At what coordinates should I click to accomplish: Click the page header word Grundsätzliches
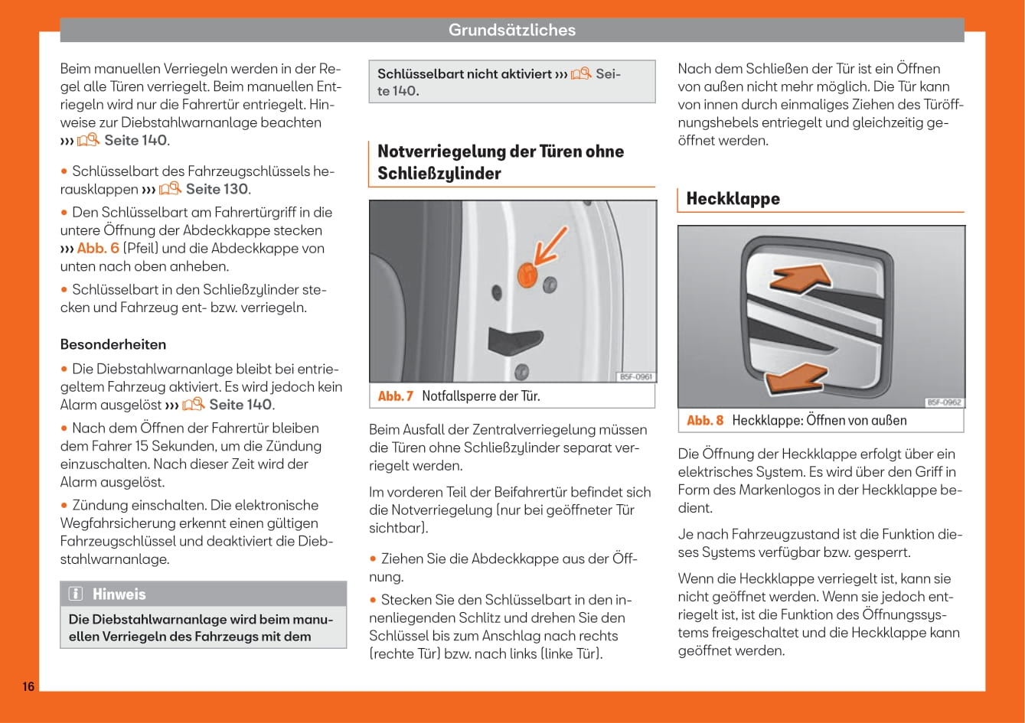(511, 30)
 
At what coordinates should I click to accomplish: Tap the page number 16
(28, 686)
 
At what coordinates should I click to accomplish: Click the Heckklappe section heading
(733, 199)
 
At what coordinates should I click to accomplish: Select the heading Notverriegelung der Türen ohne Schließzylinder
(501, 162)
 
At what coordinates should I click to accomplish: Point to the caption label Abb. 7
(395, 396)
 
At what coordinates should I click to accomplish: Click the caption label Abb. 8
(704, 420)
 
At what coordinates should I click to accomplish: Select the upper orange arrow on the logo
(801, 278)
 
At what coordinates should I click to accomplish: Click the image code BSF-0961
(635, 376)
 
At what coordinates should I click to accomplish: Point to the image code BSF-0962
(944, 402)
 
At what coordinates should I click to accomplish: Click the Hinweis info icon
(76, 594)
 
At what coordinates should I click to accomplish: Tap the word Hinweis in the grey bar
(119, 594)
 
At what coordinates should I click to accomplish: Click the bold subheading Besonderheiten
(113, 344)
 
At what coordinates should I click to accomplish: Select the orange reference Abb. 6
(98, 248)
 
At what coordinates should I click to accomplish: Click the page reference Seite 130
(218, 189)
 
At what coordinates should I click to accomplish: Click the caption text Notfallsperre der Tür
(481, 396)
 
